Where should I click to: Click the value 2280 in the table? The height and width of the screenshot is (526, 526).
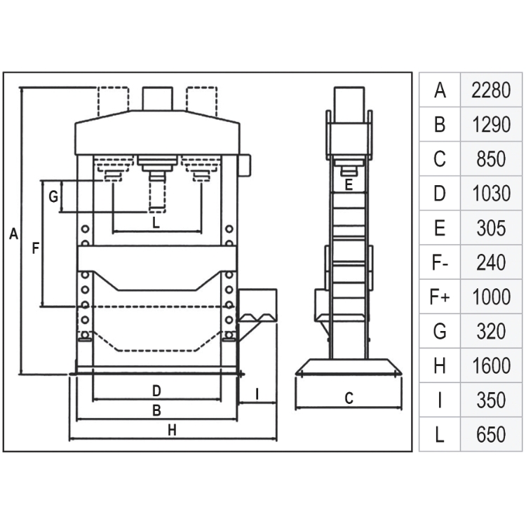491,90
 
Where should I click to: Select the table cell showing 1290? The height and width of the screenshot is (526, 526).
491,124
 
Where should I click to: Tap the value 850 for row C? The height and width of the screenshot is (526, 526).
491,159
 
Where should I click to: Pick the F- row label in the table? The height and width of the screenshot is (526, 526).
440,262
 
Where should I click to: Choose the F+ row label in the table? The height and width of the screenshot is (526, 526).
440,297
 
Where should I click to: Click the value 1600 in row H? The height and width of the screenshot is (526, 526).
491,365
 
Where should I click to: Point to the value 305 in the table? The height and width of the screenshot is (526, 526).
491,228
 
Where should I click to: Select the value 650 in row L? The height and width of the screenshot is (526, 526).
491,434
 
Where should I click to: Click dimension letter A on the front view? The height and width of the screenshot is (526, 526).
13,234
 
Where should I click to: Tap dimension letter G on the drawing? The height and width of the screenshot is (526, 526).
53,196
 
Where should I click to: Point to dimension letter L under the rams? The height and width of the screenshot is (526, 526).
156,222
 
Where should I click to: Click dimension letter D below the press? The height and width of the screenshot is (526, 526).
156,391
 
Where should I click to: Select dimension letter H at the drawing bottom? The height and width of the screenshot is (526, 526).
172,430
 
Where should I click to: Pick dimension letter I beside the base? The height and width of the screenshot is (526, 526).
257,394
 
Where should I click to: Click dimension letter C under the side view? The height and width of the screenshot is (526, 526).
349,398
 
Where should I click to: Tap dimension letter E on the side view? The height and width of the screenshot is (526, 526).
349,185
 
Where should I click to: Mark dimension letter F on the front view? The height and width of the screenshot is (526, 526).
35,248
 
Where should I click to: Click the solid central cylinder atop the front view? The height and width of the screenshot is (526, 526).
158,99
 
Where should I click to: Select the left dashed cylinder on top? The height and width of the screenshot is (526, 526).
113,101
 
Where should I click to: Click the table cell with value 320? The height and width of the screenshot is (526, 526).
491,332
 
